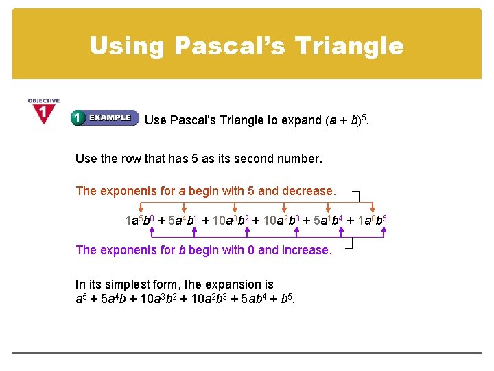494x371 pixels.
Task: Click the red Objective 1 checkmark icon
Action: [x=44, y=112]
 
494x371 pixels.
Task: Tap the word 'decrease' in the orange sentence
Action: [x=308, y=191]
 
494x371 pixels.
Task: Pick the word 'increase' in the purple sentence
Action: [x=303, y=250]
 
